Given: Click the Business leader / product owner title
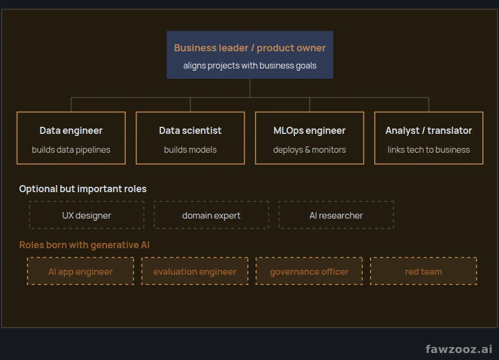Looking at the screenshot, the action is click(250, 47).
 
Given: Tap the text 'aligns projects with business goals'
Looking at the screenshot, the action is click(250, 65).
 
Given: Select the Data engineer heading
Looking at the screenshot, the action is click(71, 131).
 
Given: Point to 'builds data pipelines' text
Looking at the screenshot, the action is click(71, 150).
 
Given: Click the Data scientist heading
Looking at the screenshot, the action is click(190, 131).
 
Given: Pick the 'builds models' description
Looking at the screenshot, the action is click(190, 150).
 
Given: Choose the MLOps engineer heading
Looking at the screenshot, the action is click(309, 131).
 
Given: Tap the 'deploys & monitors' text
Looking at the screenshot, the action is click(309, 150).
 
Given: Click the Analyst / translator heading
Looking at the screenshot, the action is click(429, 131).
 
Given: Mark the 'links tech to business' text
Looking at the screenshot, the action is click(429, 150).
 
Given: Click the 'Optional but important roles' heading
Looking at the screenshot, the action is click(83, 189).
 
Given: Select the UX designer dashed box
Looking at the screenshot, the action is click(86, 215).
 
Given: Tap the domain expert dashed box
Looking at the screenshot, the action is click(211, 215).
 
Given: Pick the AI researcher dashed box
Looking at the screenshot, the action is click(336, 215).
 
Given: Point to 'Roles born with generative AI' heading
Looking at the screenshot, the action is click(84, 245).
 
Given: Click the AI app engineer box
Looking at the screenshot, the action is click(80, 271).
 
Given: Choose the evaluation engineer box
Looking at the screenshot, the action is click(195, 271).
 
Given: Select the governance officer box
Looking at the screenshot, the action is click(309, 271).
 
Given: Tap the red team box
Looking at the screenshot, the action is click(423, 271).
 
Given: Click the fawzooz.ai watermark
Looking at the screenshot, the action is click(459, 349).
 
